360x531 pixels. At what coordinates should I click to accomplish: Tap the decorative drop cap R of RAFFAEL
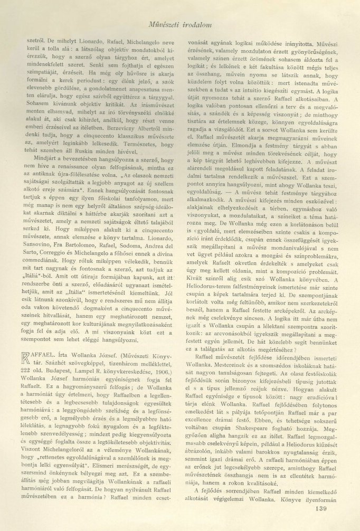pos(37,357)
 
